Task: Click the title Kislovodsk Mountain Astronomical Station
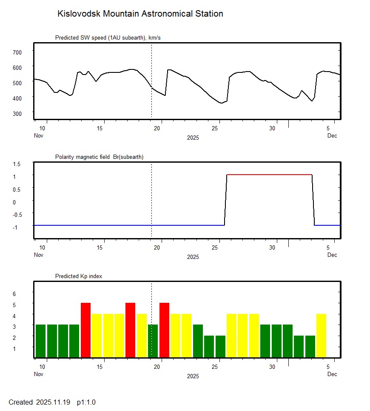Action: tap(140, 14)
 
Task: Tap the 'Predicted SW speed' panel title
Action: tap(108, 38)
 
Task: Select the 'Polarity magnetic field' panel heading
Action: tap(99, 157)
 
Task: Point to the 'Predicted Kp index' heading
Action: tap(79, 276)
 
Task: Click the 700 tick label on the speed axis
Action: tap(17, 52)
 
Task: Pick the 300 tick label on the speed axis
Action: tap(17, 113)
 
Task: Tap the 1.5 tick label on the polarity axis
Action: tap(17, 164)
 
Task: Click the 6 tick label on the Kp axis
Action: tap(14, 294)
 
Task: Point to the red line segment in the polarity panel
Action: tap(270, 175)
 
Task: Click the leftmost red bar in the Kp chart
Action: tap(86, 330)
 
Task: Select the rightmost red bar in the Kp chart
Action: tap(165, 330)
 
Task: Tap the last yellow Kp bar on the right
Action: tap(321, 336)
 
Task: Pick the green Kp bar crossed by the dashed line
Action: tap(153, 341)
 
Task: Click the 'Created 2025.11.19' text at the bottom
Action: tap(40, 402)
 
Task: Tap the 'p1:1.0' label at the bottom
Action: tap(86, 402)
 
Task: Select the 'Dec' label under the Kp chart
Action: tap(332, 374)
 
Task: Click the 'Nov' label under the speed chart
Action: tap(39, 136)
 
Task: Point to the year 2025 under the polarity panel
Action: tap(193, 257)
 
